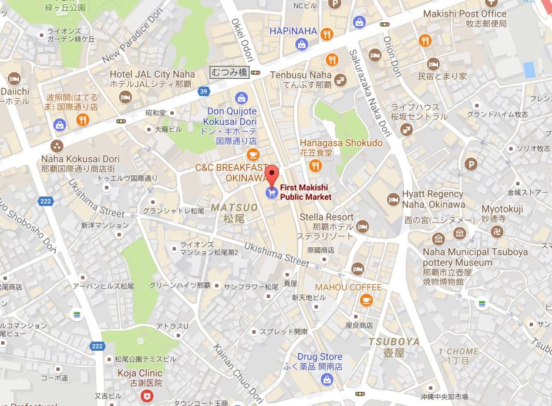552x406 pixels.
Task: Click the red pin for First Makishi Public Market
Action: tap(271, 175)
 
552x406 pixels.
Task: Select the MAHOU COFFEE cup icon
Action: tap(366, 300)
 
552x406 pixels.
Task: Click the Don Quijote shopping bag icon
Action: tap(240, 98)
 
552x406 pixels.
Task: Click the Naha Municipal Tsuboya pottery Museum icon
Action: tap(438, 239)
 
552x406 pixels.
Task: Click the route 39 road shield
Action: tap(203, 91)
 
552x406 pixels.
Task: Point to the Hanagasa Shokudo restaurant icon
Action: tap(317, 167)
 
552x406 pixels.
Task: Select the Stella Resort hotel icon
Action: tap(363, 226)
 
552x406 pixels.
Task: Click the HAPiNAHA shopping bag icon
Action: tap(301, 44)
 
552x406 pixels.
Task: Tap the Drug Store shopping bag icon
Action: tap(328, 381)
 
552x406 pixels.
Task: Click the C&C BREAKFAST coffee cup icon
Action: tap(253, 154)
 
